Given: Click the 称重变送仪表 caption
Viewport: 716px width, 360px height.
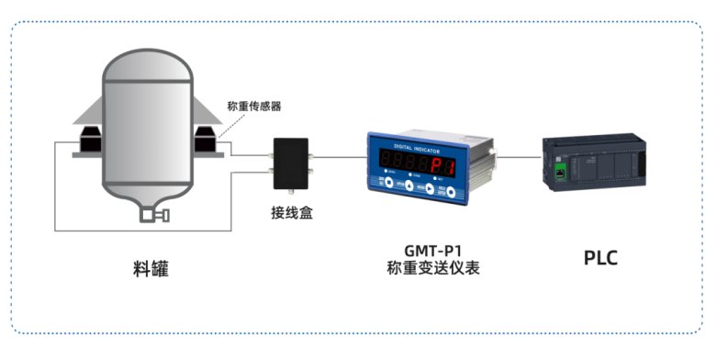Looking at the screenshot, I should point(433,268).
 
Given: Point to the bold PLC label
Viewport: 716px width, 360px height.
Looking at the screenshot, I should point(600,258).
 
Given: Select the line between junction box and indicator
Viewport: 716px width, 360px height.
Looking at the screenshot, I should point(340,158).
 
